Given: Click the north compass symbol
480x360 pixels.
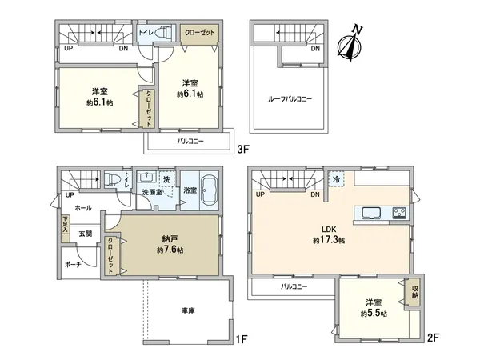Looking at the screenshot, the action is click(350, 43).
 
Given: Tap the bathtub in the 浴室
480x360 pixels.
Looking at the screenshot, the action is click(210, 190).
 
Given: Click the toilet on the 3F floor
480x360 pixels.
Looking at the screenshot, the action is click(163, 32).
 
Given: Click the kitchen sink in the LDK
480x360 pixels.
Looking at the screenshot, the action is click(370, 213).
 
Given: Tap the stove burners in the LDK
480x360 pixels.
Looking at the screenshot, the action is click(399, 213).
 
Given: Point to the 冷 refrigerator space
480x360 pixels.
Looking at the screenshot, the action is click(337, 178).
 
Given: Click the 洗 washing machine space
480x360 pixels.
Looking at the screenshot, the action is click(166, 179).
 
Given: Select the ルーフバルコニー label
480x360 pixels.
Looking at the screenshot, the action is click(290, 99).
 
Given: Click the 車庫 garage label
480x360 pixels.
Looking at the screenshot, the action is click(188, 310).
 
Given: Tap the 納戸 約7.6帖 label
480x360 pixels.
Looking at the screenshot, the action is click(170, 244).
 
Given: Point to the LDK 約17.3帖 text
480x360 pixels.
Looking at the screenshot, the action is click(329, 234).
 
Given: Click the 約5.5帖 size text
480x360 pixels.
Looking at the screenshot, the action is click(374, 314).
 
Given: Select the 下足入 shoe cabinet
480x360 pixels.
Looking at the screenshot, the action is click(66, 228).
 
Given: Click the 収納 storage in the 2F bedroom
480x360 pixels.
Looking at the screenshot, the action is click(414, 292).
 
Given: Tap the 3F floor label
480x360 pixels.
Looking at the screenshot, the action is click(244, 149).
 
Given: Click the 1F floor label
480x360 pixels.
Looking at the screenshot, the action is click(242, 339).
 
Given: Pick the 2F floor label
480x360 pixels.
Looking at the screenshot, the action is click(433, 338).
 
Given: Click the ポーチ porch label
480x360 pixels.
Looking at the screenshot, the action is click(73, 265).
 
